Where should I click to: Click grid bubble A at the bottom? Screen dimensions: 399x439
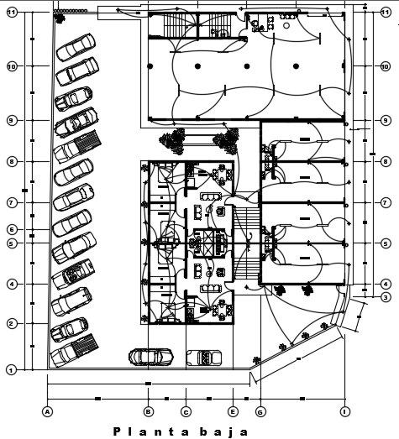coord(47,411)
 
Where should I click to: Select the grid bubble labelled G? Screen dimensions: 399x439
coord(260,412)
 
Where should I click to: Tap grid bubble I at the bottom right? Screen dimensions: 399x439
coord(344,411)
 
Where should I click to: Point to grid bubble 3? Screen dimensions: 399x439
coord(386,297)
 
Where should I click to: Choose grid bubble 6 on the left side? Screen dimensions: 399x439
coord(12,230)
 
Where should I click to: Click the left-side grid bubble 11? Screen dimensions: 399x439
coord(12,12)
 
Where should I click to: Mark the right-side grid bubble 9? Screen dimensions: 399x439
coord(386,120)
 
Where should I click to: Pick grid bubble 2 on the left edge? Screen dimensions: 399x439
coord(11,324)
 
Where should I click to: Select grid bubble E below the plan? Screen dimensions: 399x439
coord(233,411)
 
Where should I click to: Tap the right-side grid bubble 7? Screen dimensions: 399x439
coord(386,202)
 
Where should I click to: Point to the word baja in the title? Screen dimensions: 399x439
coord(224,432)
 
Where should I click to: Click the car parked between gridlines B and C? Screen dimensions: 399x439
coord(151,357)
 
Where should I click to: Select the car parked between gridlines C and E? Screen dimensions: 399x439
coord(204,358)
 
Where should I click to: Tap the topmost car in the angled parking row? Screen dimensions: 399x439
coord(76,47)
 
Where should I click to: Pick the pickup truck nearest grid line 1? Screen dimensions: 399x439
coord(74,350)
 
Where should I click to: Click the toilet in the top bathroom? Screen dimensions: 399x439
coord(255,24)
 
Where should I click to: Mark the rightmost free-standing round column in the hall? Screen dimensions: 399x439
coord(296,66)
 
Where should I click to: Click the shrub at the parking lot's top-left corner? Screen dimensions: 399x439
coord(60,18)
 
